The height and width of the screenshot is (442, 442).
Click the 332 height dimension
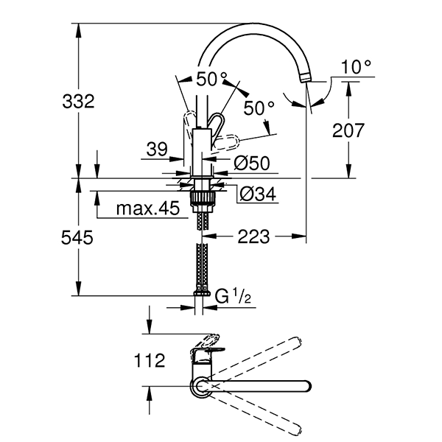[x=77, y=101]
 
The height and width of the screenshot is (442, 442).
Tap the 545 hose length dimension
[x=77, y=238]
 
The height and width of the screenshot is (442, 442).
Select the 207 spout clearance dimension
[x=348, y=130]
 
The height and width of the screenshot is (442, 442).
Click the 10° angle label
[x=357, y=67]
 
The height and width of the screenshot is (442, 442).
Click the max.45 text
[x=148, y=209]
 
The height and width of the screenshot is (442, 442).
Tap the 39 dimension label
[x=157, y=150]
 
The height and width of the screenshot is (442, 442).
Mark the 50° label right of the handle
[x=259, y=108]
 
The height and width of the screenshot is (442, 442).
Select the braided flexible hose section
[x=200, y=261]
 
